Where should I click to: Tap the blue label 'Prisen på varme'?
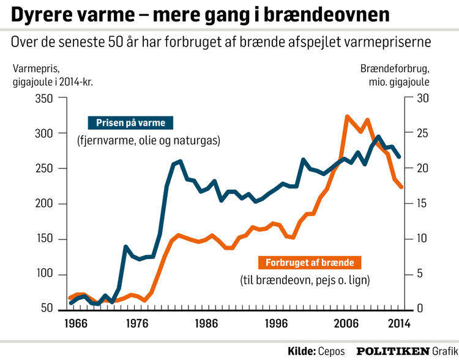[130, 123]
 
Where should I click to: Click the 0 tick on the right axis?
[419, 310]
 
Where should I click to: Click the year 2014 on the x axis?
[398, 324]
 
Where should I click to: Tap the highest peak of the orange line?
[347, 116]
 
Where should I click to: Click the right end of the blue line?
[400, 157]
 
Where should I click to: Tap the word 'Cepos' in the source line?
[331, 351]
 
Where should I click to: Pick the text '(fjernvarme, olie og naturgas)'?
[148, 141]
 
